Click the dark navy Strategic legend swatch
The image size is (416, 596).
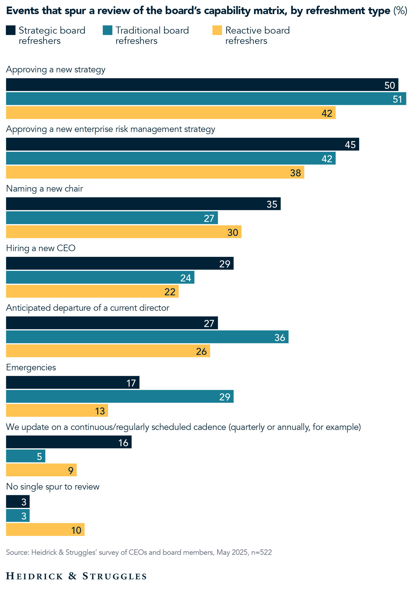[11, 30]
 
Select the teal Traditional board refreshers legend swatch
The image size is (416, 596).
[107, 30]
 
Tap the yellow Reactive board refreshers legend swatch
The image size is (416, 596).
[217, 30]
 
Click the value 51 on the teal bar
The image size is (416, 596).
[397, 99]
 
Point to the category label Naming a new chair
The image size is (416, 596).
[44, 189]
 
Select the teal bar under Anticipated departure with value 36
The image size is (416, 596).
[147, 337]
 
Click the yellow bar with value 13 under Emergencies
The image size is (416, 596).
[57, 410]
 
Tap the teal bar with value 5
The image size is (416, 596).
[25, 456]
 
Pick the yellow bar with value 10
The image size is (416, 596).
[45, 530]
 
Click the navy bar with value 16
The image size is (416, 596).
[69, 442]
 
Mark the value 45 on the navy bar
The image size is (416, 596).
[350, 145]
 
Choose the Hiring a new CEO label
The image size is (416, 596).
[41, 248]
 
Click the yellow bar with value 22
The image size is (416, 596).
[92, 291]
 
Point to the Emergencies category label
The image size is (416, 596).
[31, 367]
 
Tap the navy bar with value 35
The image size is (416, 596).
[143, 204]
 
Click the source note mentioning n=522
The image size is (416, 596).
[139, 552]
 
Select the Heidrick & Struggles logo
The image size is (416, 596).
[76, 576]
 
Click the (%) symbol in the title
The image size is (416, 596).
[400, 11]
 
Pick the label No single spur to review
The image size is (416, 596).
[53, 487]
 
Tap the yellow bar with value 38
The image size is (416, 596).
[155, 172]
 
